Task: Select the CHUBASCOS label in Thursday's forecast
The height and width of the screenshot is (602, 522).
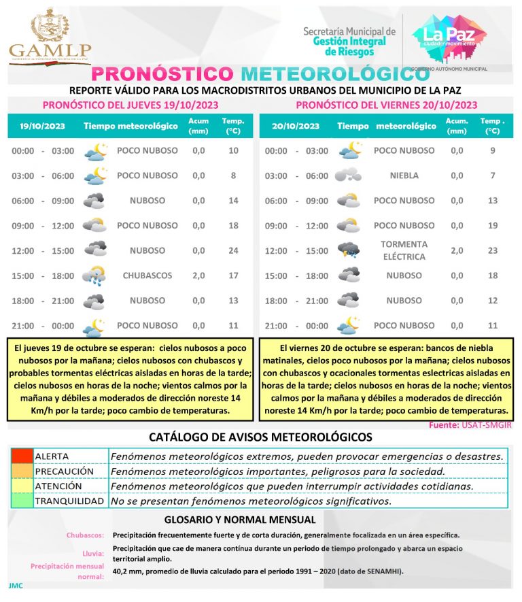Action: coord(147,275)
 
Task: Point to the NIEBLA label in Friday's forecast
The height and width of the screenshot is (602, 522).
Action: coord(404,175)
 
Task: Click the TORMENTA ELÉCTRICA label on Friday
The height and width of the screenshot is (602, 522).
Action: coord(404,250)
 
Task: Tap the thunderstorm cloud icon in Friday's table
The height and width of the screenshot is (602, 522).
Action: coord(349,250)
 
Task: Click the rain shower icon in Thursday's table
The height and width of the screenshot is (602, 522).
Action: coord(94,275)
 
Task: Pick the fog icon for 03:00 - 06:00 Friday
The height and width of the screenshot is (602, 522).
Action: coord(348,175)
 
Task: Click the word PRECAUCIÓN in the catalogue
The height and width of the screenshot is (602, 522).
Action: coord(64,471)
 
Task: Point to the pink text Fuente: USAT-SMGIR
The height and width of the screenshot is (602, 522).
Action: coord(470,424)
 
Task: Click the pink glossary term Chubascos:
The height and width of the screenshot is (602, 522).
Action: coord(85,535)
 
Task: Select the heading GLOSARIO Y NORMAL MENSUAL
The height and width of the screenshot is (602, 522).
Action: coord(260,520)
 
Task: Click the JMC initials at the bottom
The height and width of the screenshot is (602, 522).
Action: coord(15,586)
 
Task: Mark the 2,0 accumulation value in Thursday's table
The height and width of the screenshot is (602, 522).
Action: coord(198,275)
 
